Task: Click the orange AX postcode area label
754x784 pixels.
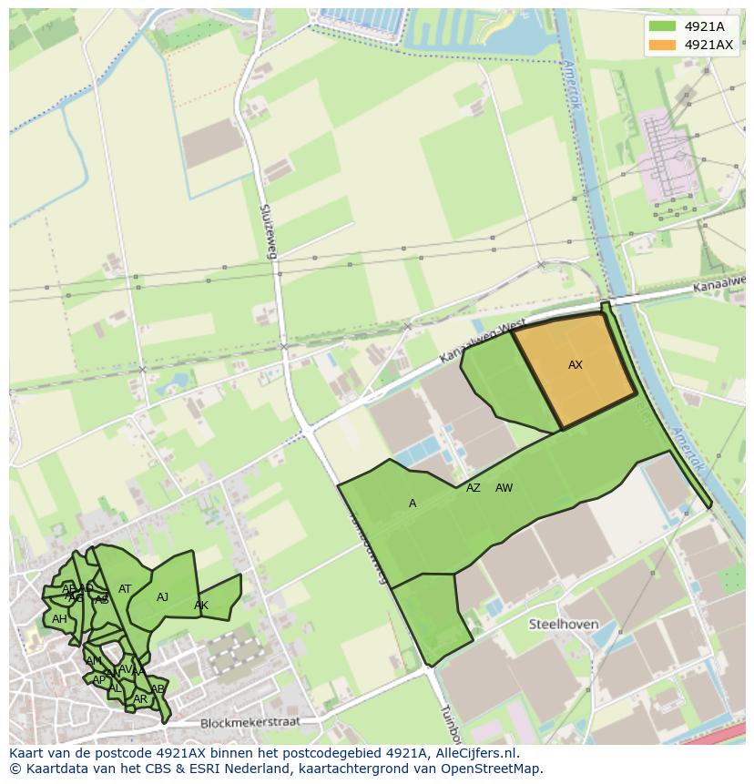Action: click(575, 365)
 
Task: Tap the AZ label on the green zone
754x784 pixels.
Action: click(473, 488)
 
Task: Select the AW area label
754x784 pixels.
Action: click(504, 488)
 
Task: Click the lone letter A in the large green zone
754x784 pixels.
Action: click(413, 504)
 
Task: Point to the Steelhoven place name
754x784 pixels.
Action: click(564, 625)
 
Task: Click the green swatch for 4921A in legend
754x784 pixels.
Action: click(662, 26)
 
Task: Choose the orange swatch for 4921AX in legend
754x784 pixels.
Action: click(662, 45)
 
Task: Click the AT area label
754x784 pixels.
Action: click(125, 589)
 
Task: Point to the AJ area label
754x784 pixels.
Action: click(163, 597)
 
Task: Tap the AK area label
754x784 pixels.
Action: click(201, 606)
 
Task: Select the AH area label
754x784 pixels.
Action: click(59, 619)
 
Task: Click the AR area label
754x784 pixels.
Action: click(140, 699)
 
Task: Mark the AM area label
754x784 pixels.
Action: click(94, 661)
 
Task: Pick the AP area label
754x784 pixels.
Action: click(98, 680)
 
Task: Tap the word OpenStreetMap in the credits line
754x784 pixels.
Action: click(491, 769)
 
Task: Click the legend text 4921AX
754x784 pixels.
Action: click(708, 45)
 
